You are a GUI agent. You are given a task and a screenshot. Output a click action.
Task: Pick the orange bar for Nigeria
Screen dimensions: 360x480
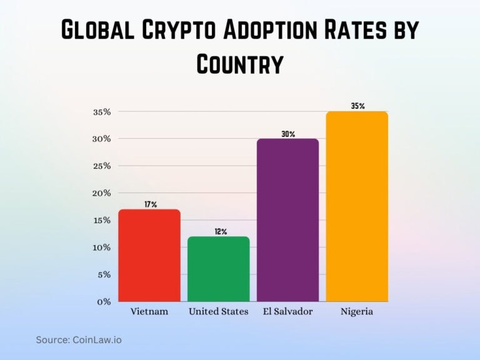(357, 206)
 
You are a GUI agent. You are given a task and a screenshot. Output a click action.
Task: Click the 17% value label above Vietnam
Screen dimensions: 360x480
(150, 204)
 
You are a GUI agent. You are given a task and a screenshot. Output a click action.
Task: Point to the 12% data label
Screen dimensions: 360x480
(219, 231)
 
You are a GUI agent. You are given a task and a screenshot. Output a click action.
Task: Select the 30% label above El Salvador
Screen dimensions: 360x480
(288, 134)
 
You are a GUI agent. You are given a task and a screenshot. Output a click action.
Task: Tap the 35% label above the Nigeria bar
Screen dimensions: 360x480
(357, 106)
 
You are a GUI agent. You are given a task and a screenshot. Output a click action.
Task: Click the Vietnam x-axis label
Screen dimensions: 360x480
(149, 311)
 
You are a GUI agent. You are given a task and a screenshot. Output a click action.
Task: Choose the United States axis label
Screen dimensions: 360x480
(218, 311)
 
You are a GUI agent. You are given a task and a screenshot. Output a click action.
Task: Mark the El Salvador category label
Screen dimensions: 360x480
(287, 311)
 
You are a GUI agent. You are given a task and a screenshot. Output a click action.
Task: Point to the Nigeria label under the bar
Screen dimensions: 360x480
(357, 311)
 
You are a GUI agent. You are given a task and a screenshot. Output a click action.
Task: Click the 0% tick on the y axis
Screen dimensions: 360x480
(104, 301)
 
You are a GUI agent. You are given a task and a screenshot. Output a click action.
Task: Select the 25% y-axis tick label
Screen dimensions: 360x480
(102, 166)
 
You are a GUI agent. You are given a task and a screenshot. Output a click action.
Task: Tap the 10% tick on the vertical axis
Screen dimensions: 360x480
(102, 247)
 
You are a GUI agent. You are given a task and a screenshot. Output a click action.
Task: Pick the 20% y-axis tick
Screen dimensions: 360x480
(102, 192)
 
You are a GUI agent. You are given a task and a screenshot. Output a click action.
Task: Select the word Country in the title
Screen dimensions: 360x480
(240, 64)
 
